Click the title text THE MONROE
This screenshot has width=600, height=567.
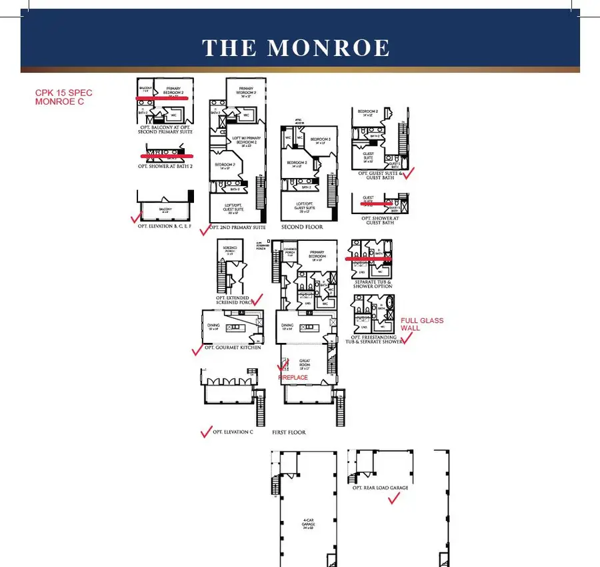pos(296,48)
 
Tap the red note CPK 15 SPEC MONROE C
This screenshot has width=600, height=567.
pos(64,97)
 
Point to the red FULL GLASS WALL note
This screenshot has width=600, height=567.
pos(421,324)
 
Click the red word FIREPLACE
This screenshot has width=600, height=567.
pos(293,378)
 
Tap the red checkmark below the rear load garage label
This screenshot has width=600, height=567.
pos(393,500)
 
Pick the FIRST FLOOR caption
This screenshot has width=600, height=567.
pos(289,432)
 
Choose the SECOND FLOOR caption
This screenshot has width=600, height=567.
pos(302,227)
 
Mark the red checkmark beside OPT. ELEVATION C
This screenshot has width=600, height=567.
pos(206,432)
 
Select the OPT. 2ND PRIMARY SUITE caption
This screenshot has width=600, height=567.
pos(237,227)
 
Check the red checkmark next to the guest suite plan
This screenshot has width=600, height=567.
pos(409,173)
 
